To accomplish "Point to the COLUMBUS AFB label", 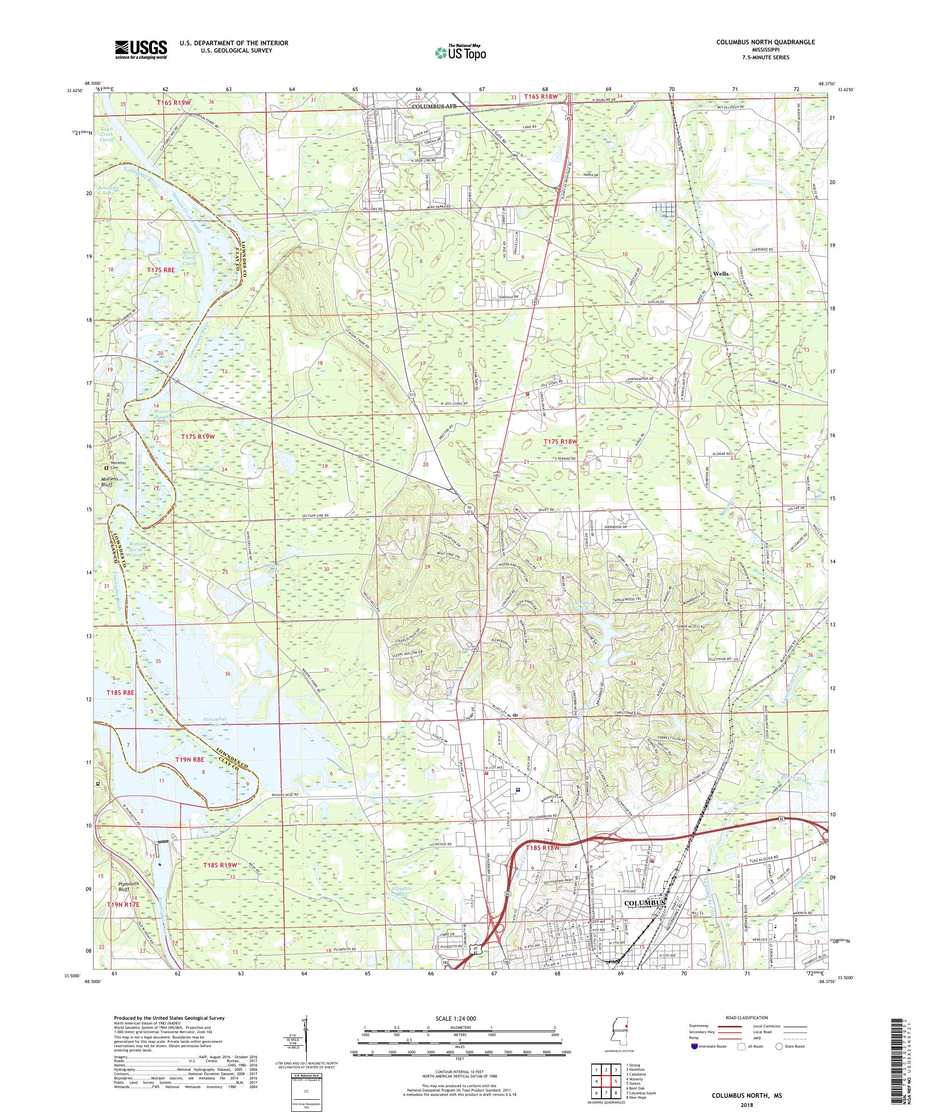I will pos(434,106).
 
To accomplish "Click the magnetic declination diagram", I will pos(304,1043).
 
